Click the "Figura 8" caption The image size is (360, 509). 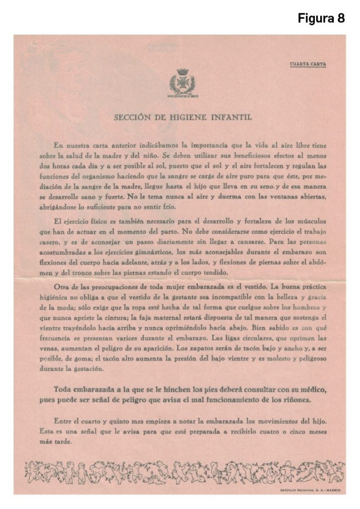tap(321, 18)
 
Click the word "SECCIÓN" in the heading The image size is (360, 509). tap(133, 118)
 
